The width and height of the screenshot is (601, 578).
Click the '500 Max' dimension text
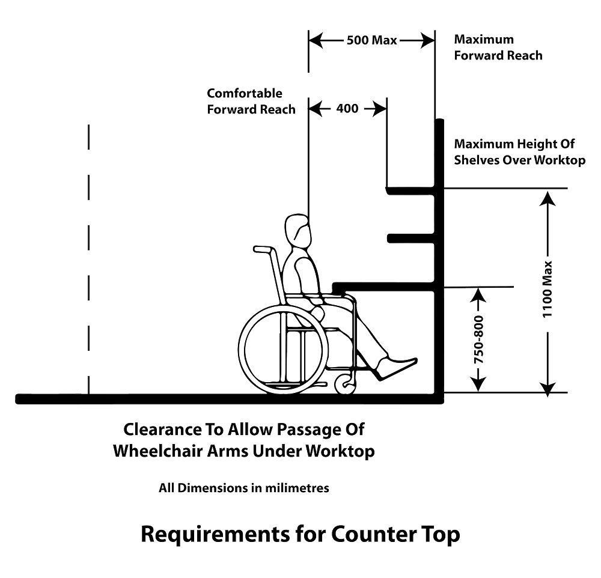click(x=371, y=40)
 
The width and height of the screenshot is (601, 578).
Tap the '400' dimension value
click(x=347, y=109)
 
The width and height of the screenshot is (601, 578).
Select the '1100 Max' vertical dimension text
click(x=548, y=290)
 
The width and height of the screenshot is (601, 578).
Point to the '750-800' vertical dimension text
click(x=479, y=339)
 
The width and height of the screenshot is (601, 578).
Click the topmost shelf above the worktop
click(x=410, y=190)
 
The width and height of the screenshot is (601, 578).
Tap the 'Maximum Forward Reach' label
click(x=498, y=47)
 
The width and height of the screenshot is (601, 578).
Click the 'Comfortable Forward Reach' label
click(x=251, y=101)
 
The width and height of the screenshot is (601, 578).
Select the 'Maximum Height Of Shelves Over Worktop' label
click(x=520, y=152)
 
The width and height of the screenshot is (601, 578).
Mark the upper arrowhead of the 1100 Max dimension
click(x=548, y=198)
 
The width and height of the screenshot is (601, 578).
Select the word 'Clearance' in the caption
click(x=161, y=429)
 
